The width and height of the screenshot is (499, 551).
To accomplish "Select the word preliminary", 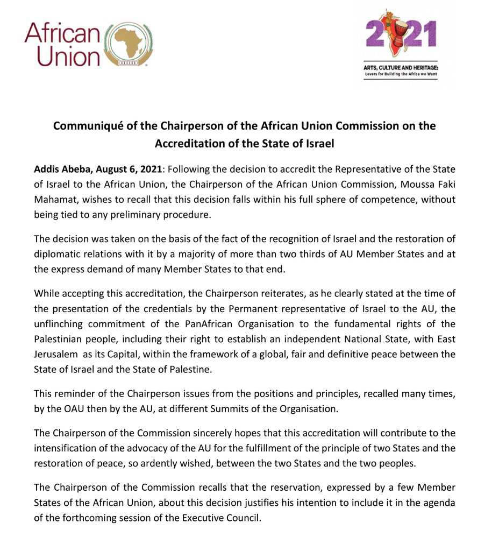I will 146,215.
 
